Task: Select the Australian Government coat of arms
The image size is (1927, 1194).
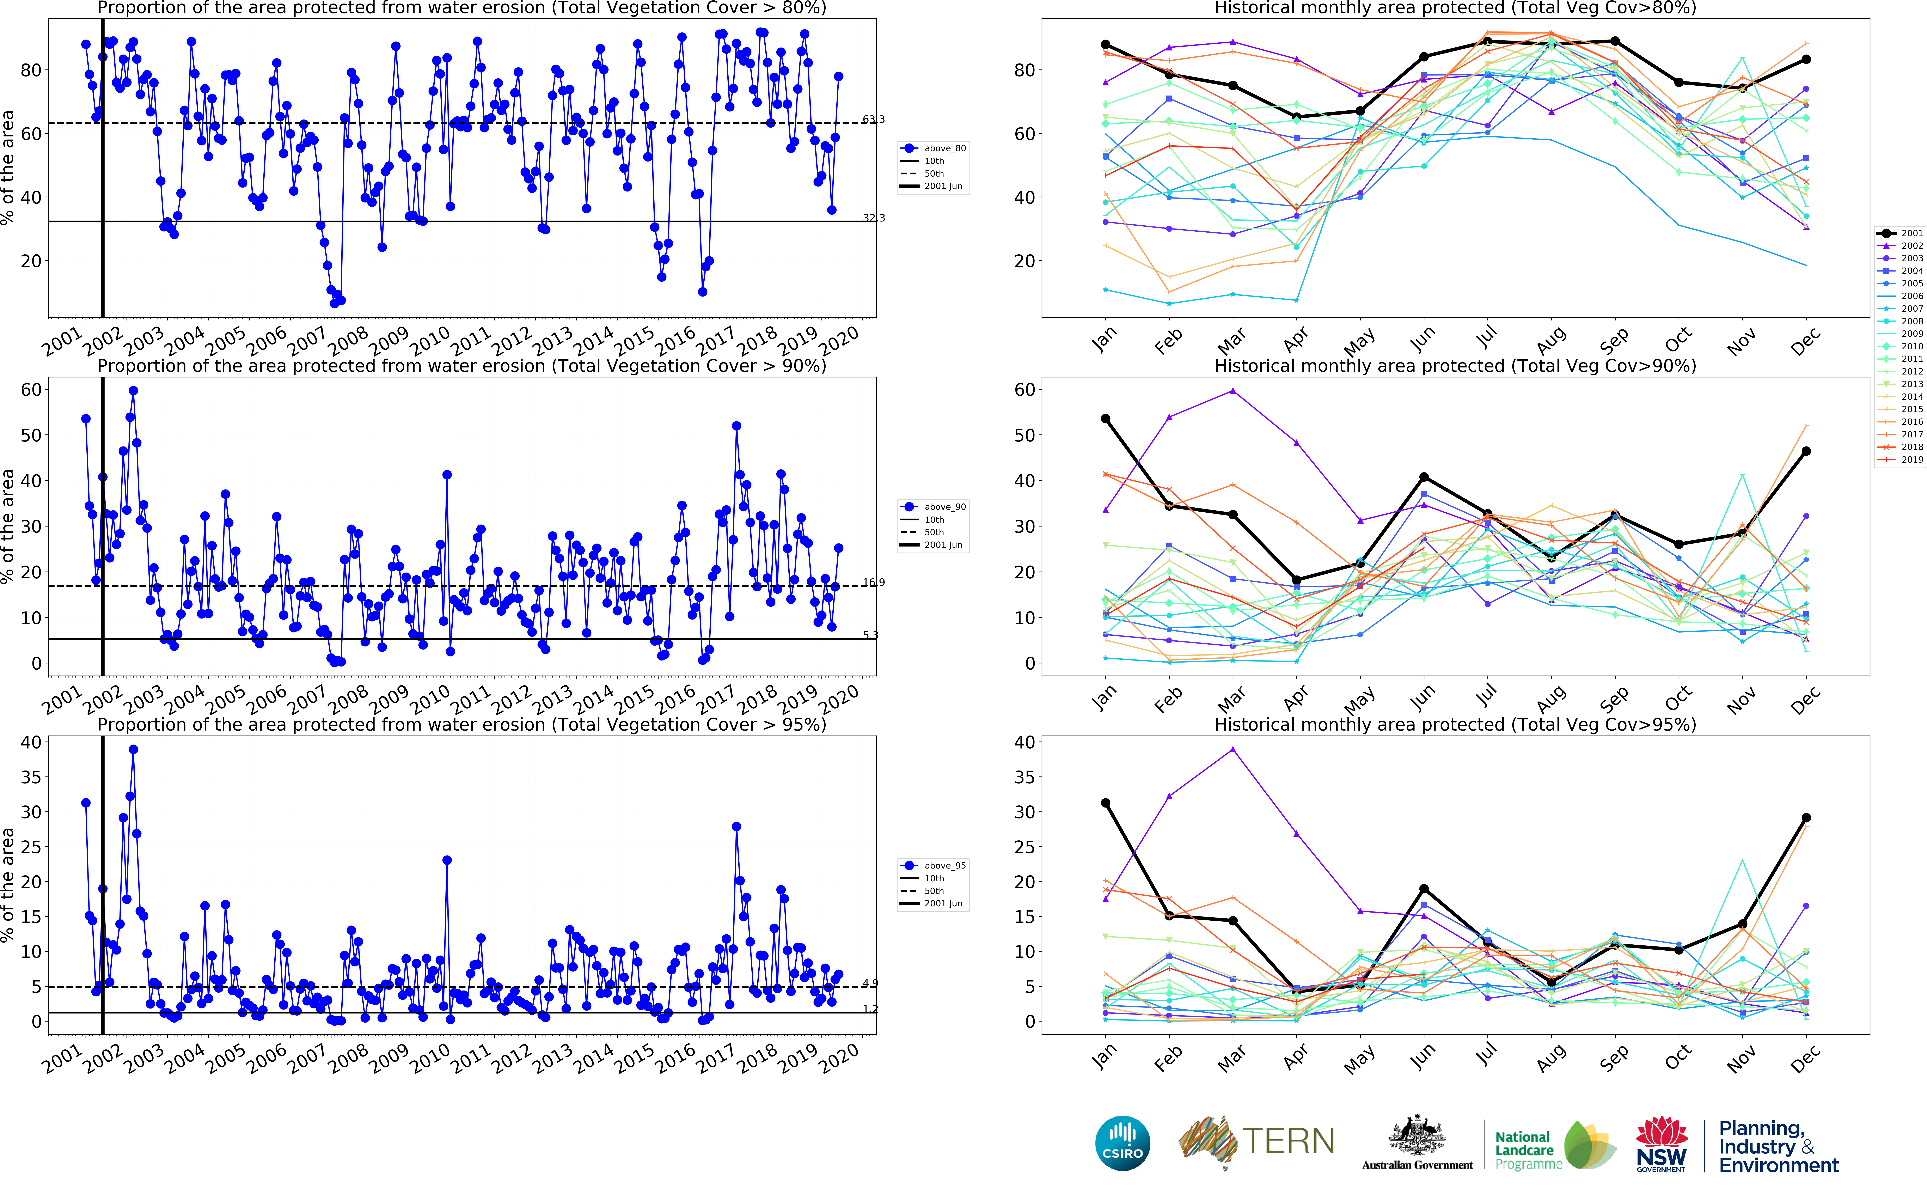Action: coord(1417,1137)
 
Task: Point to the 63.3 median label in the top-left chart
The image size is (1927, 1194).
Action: coord(873,119)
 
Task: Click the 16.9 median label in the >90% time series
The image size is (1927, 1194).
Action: coord(873,583)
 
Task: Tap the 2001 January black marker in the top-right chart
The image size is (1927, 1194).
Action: coord(1105,45)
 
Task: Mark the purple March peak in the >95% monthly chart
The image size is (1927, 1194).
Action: coord(1233,749)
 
